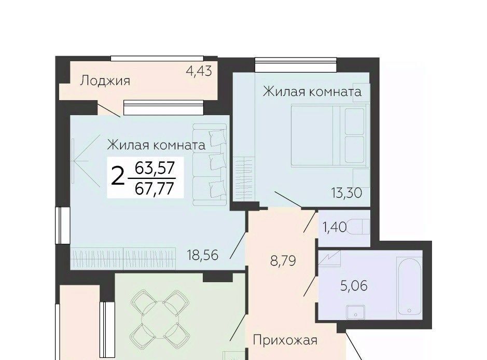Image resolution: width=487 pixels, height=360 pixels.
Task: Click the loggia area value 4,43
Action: [199, 71]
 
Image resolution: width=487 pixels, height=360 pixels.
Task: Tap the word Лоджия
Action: [105, 81]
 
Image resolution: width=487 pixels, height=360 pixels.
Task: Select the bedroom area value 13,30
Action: [346, 193]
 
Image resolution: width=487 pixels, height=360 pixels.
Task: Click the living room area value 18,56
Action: [203, 255]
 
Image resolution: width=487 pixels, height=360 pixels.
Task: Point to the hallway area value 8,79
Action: [283, 261]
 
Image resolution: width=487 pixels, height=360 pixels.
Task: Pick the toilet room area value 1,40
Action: [335, 227]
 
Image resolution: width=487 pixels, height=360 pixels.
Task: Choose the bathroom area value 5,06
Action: [354, 285]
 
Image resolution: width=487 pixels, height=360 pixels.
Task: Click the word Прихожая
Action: [285, 340]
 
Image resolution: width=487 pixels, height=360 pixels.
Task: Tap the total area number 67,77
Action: [154, 188]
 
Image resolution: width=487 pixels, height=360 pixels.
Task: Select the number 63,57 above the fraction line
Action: [155, 169]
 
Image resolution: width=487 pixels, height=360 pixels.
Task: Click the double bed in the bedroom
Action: [329, 135]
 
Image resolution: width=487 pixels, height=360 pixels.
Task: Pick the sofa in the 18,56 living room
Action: [210, 164]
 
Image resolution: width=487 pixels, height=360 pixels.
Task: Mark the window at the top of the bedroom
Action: [296, 65]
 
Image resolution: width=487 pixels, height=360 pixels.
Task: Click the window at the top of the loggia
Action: [157, 59]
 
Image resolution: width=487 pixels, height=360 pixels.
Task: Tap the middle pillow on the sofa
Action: [217, 162]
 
